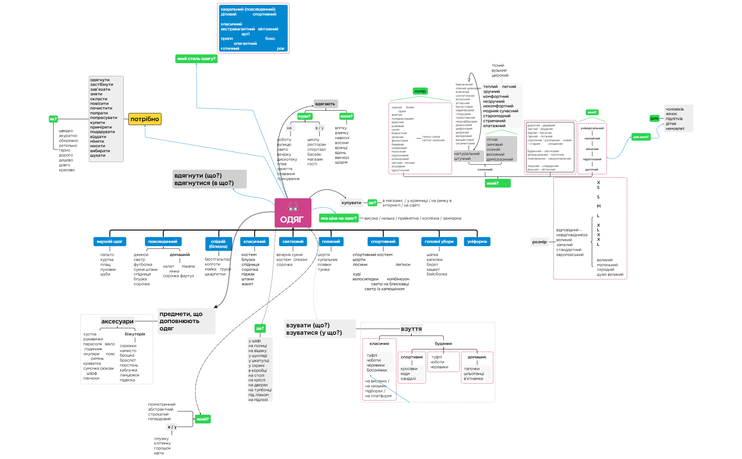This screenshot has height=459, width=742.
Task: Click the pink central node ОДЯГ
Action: point(293,213)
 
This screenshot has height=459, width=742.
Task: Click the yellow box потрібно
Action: point(145,119)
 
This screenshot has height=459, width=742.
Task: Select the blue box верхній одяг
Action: point(110,242)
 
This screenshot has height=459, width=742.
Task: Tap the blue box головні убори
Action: point(439,242)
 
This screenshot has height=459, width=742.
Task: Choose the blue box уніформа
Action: point(477,242)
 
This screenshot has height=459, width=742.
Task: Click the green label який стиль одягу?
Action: point(196,59)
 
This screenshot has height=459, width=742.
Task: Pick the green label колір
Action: point(420,91)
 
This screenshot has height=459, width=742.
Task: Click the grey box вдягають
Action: point(325,104)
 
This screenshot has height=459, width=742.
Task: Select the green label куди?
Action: point(304,116)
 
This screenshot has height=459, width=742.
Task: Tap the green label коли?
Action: point(346,116)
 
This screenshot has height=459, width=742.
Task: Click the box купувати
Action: point(351,203)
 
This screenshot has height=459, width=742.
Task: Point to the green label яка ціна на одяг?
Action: point(338,219)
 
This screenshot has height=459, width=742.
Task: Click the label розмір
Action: point(539,242)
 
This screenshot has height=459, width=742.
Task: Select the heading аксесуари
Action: point(117,322)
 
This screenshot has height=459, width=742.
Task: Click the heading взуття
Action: point(411,329)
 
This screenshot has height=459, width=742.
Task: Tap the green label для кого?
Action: point(641,137)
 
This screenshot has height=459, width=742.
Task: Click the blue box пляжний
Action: point(331,242)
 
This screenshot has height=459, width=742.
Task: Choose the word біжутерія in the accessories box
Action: point(135,334)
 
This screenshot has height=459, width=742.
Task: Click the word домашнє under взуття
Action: point(477,357)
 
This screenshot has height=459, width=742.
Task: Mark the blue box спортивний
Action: point(383,242)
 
